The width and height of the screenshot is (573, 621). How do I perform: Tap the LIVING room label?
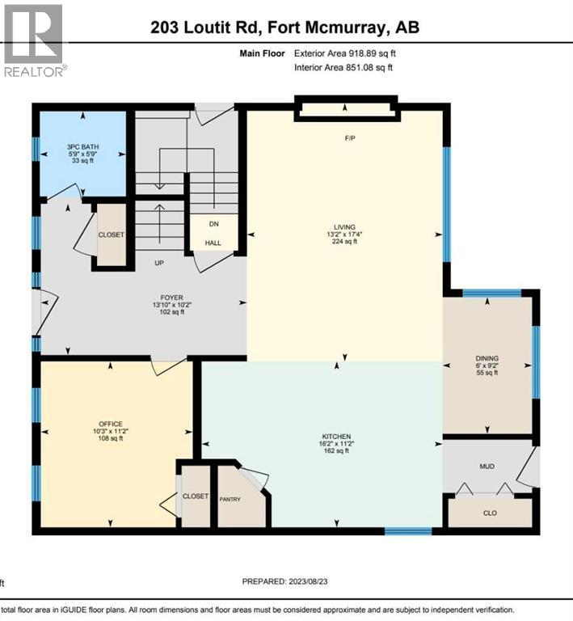[347, 226]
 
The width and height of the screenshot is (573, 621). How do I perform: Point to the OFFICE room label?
[110, 423]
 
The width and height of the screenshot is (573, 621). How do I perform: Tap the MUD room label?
[486, 467]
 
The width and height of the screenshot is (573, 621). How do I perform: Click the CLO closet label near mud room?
[490, 513]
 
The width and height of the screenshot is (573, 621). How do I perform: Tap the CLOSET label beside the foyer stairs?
[111, 234]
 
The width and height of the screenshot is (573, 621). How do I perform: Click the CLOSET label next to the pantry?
[196, 496]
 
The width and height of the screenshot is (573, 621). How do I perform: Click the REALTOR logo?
[34, 40]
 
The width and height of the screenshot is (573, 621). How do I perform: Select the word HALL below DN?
[213, 243]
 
